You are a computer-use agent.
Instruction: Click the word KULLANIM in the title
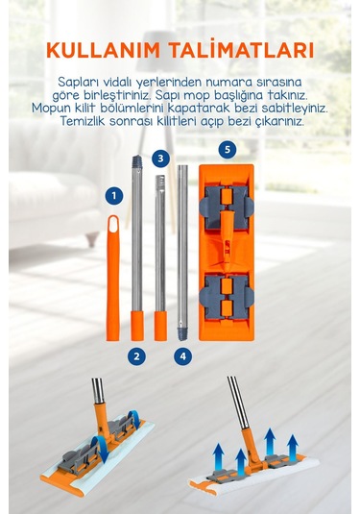click(103, 50)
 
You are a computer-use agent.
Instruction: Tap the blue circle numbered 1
click(114, 196)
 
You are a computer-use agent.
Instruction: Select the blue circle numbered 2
click(136, 356)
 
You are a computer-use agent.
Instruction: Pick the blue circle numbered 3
click(160, 159)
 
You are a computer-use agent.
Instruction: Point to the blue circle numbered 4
click(182, 356)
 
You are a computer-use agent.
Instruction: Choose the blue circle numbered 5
click(228, 150)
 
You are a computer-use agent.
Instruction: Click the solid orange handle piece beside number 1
click(113, 278)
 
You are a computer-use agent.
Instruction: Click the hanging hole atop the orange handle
click(113, 225)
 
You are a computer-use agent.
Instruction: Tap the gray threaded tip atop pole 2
click(137, 161)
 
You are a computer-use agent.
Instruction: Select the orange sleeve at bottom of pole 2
click(137, 326)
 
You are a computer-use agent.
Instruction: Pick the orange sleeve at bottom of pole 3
click(160, 326)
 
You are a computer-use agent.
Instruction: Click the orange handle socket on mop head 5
click(227, 239)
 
